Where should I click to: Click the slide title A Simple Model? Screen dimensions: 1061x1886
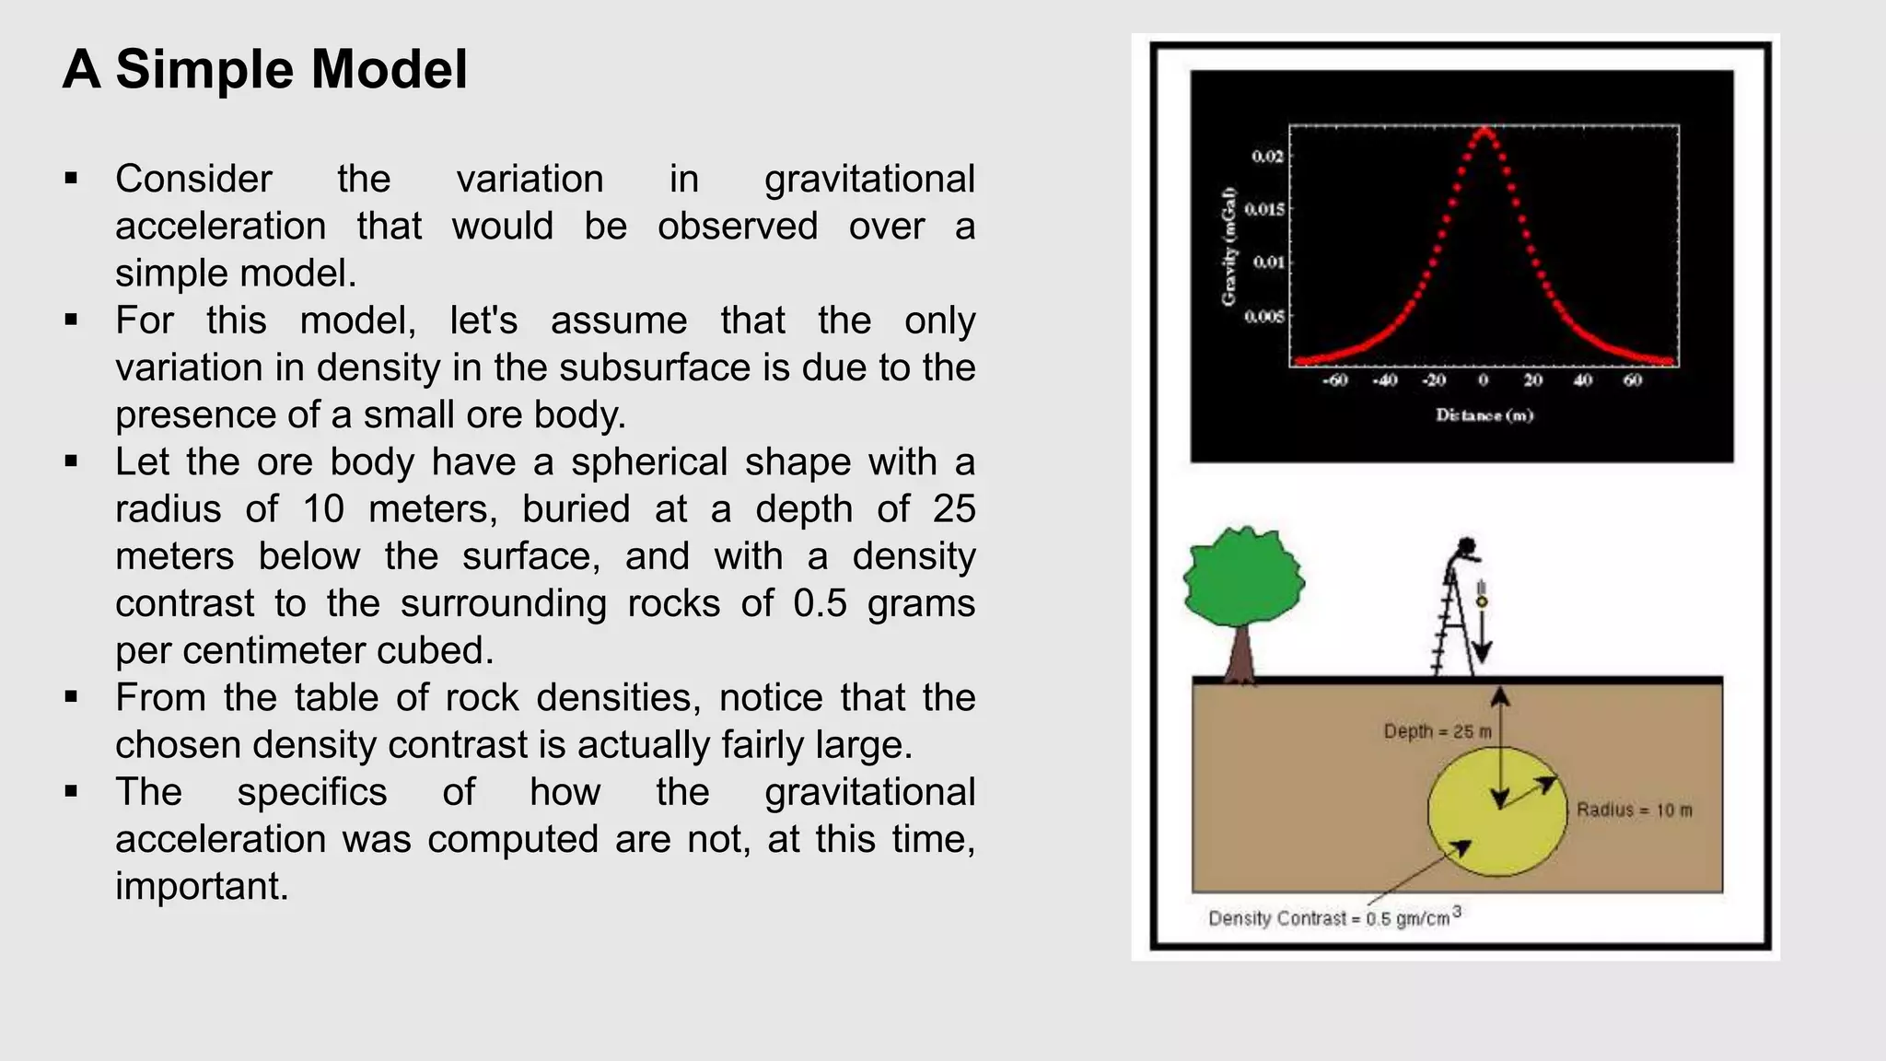click(265, 70)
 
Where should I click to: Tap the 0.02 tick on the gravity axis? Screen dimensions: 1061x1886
click(1267, 157)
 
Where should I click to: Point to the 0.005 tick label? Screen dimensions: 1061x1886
click(1263, 317)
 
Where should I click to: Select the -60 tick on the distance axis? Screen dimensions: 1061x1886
click(1335, 380)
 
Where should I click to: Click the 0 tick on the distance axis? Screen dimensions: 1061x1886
click(1484, 380)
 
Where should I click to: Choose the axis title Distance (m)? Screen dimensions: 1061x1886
click(1484, 415)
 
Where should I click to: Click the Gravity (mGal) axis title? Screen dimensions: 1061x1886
click(1228, 247)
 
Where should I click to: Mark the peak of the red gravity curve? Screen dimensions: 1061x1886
click(1484, 131)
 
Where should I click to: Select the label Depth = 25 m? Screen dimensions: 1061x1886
click(1437, 732)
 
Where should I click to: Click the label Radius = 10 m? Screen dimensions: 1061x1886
click(1634, 810)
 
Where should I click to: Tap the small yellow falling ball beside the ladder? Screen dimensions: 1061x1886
click(1482, 601)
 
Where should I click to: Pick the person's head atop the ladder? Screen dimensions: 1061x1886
click(1468, 544)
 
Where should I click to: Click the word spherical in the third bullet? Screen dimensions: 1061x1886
click(649, 462)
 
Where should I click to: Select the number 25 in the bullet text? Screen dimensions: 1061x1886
click(954, 509)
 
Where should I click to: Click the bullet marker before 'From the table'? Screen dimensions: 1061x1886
click(72, 697)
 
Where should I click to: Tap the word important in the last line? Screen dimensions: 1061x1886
click(202, 887)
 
